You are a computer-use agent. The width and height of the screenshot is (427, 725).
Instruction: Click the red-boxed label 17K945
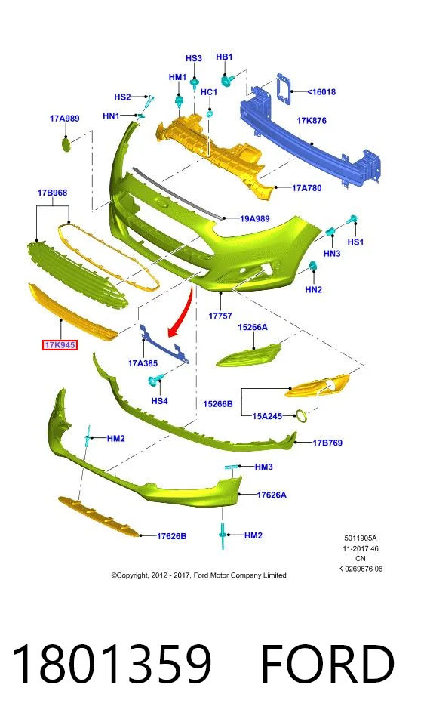[60, 344]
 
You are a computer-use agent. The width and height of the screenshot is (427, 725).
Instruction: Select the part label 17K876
[312, 121]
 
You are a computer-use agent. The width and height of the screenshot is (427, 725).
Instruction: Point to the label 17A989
[64, 119]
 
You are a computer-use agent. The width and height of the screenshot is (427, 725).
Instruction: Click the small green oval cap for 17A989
[66, 144]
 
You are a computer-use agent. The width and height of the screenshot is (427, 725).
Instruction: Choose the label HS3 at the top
[194, 58]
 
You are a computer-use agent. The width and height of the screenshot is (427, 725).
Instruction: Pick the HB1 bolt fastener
[226, 81]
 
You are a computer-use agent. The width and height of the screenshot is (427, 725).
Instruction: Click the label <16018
[321, 91]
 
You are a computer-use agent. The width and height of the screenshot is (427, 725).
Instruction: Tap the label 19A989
[255, 218]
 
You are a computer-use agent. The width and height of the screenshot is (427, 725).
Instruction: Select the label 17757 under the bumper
[220, 316]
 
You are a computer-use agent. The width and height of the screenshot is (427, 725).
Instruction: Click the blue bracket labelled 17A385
[164, 344]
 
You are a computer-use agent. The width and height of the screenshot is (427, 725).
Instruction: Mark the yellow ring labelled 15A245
[302, 416]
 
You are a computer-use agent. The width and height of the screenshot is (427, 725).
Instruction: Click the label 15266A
[253, 327]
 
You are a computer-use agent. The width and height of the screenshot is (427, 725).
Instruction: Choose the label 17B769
[327, 443]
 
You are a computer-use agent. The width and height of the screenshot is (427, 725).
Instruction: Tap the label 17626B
[171, 536]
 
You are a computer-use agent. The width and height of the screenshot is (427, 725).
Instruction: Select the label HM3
[264, 467]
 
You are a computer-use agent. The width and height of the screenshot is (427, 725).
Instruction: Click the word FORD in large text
[327, 665]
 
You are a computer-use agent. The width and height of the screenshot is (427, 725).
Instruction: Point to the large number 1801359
[112, 665]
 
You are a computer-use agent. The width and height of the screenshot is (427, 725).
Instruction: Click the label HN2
[313, 289]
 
